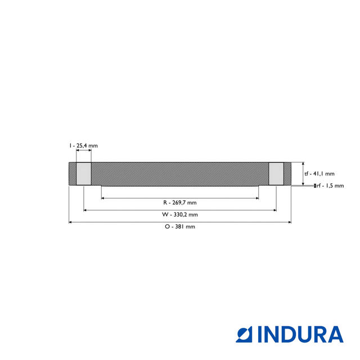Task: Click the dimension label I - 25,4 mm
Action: point(84,146)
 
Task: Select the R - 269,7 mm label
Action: point(179,202)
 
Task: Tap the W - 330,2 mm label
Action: point(179,214)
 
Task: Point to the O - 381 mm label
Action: point(179,227)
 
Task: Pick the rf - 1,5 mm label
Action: point(330,186)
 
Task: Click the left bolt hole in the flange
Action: point(83,174)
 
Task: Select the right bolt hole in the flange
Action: point(276,174)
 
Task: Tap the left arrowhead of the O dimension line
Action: point(70,222)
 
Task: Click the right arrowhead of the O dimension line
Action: point(289,222)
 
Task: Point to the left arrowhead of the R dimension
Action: point(103,198)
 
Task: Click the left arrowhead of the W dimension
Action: point(85,210)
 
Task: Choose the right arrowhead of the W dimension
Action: point(274,210)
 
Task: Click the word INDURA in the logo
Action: point(300,334)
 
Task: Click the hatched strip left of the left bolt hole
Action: point(72,174)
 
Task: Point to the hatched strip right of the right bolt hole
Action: point(287,174)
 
